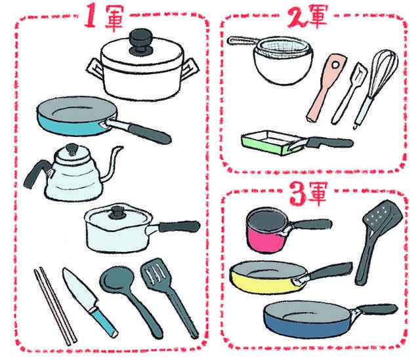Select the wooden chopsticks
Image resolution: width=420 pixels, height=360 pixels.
[55, 306]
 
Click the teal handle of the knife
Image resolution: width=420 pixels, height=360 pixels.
[104, 322]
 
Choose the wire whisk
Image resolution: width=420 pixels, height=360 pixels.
[375, 88]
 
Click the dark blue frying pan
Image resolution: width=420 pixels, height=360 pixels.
[308, 319]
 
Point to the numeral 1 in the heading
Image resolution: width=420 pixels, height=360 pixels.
[91, 16]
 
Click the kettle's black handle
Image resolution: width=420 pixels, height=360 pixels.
[36, 174]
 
